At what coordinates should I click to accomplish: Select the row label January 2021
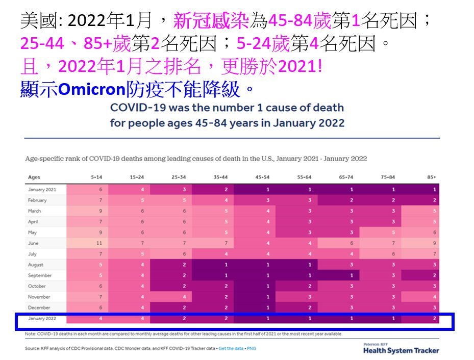click(x=43, y=190)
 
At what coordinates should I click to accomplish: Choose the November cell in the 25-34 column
click(x=184, y=297)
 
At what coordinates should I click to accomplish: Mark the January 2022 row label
click(x=43, y=319)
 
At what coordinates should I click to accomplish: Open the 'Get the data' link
click(x=231, y=348)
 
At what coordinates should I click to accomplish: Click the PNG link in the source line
click(x=252, y=348)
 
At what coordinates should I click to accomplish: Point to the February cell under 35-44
click(x=227, y=200)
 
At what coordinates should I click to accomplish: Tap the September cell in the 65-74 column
click(x=351, y=275)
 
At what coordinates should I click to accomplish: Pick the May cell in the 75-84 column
click(x=393, y=233)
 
